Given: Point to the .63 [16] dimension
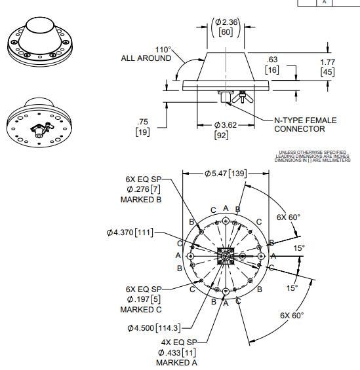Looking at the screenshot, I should [272, 64].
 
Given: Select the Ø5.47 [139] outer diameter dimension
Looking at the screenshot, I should [224, 173].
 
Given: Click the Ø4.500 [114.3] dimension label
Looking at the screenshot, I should [155, 327].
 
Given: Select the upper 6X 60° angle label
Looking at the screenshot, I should [289, 217].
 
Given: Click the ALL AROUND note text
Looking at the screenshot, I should [145, 58].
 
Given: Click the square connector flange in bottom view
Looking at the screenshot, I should [226, 255].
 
